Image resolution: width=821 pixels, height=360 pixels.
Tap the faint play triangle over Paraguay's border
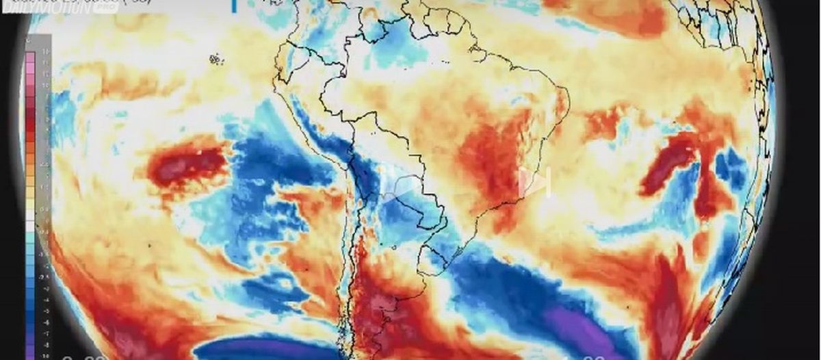pyautogui.click(x=408, y=187)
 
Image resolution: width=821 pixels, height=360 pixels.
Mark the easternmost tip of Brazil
pyautogui.click(x=568, y=99)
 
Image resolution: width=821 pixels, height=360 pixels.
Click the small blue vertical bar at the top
pyautogui.click(x=234, y=5)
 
